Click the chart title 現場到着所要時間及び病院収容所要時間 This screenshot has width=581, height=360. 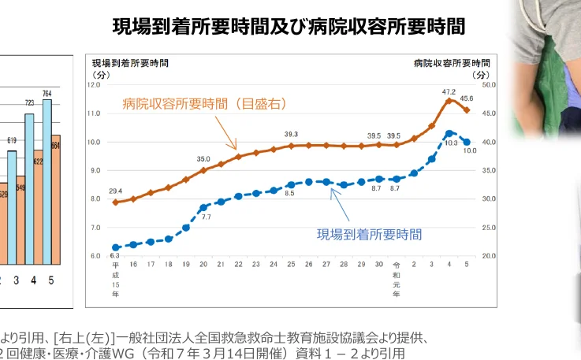(x=289, y=27)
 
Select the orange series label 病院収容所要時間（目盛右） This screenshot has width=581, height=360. (x=203, y=103)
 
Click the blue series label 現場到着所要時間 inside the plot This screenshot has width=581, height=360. (x=369, y=234)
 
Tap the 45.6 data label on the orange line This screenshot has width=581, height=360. (x=467, y=98)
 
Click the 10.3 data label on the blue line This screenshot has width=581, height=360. (x=452, y=143)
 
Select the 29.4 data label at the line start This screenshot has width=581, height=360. (x=115, y=191)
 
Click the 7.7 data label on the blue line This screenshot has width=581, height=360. (x=206, y=216)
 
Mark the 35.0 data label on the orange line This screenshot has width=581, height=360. (x=203, y=158)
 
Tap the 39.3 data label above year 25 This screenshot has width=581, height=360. (x=291, y=134)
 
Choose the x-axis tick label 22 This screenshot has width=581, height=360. (x=237, y=265)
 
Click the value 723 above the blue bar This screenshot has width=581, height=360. (x=29, y=102)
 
